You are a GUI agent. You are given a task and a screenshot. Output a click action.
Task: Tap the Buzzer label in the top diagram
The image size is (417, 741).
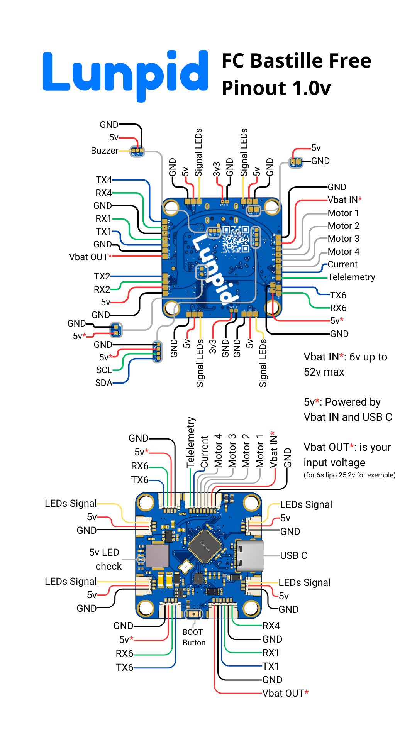point(104,151)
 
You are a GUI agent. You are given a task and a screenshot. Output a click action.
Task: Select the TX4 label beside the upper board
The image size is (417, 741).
point(103,180)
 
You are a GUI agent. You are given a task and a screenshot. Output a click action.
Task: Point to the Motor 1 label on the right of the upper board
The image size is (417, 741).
point(343,213)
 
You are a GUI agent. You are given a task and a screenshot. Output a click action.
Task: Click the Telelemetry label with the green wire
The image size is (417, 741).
point(351,277)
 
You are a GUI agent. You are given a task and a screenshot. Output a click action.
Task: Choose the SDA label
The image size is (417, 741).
point(103,383)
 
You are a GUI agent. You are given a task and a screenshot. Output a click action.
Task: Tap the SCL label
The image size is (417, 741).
point(104,370)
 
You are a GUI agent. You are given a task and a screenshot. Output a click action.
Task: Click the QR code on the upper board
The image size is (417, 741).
point(236,239)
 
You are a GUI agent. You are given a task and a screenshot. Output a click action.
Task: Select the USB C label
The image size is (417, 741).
point(293,555)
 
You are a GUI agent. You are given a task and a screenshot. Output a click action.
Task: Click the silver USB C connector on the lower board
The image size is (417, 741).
point(250,556)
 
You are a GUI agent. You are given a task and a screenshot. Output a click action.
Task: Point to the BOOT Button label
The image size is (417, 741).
point(194,637)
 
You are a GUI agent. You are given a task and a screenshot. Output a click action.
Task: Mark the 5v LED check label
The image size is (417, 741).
point(105,559)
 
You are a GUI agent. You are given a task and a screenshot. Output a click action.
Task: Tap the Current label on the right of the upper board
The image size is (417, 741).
point(342,264)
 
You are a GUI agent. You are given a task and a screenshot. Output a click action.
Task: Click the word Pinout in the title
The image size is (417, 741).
point(254,88)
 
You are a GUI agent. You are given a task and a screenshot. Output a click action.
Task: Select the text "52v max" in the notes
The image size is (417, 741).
point(324,372)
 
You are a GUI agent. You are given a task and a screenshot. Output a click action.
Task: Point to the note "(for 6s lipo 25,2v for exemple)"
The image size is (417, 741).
point(349,475)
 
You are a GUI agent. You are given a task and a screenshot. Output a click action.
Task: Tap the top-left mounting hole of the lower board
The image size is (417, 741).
point(146,503)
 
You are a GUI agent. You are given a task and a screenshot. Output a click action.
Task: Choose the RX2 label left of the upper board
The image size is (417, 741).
point(102,289)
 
